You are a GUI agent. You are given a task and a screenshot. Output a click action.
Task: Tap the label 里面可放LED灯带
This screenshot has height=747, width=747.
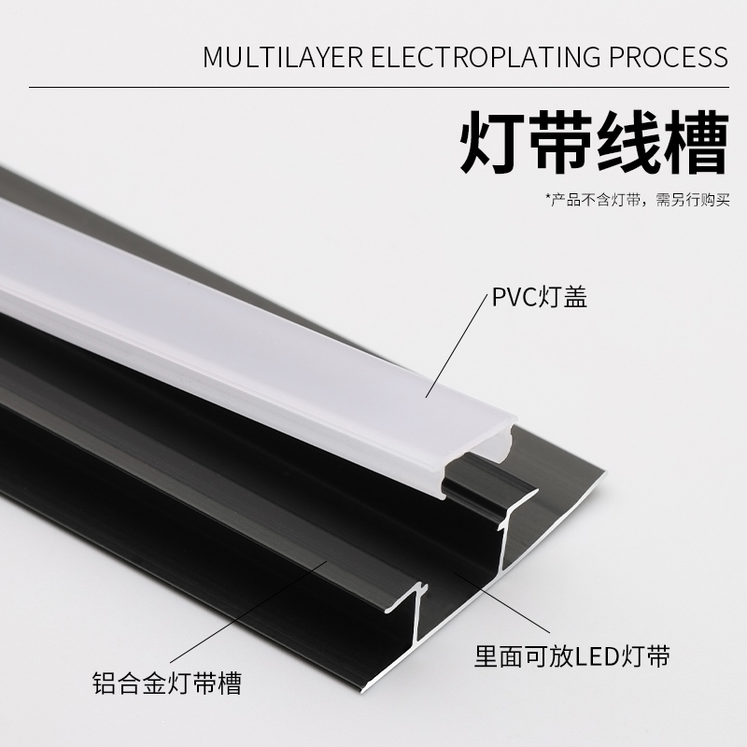pos(570,655)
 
